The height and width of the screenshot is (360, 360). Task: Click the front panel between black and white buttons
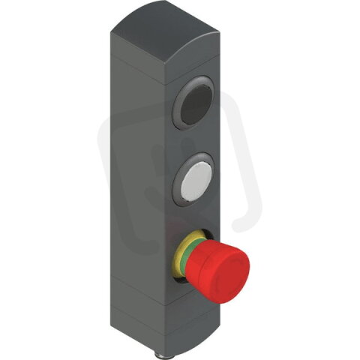[196, 142]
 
